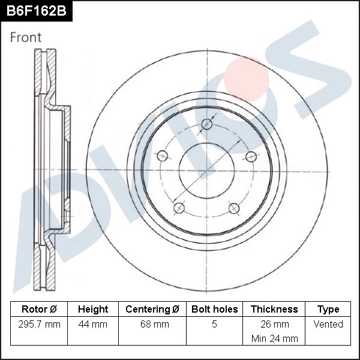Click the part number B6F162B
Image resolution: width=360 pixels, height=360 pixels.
coord(36,11)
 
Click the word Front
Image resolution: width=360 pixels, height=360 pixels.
coord(26,37)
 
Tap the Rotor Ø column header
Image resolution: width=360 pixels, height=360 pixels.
coord(39,309)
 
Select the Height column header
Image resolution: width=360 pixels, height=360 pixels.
coord(93,309)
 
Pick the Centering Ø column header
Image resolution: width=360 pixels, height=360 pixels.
coord(152,309)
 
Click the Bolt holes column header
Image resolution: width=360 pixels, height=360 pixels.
coord(214,309)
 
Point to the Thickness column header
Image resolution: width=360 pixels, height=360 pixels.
coord(274,309)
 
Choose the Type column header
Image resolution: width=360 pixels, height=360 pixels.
coord(328,310)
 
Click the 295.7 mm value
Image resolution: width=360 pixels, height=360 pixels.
coord(39,325)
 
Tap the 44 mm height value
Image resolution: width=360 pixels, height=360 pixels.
coord(93,325)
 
